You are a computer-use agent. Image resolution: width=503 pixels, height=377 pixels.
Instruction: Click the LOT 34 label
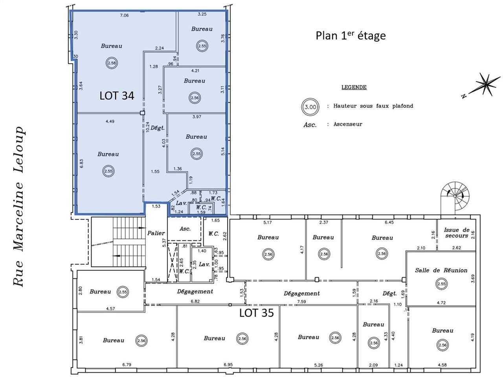click(117, 95)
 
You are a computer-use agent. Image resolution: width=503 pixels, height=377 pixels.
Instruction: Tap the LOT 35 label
click(257, 313)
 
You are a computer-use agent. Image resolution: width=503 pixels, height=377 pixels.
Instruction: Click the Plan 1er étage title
click(351, 35)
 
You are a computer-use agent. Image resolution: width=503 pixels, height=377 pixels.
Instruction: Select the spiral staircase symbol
click(455, 196)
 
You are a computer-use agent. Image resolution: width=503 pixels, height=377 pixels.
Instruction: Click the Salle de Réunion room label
click(441, 270)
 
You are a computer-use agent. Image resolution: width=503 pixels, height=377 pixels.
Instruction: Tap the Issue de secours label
click(456, 233)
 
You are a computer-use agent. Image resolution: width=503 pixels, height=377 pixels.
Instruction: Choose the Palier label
click(156, 233)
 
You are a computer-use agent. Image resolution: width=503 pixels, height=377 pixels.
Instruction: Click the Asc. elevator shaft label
click(185, 229)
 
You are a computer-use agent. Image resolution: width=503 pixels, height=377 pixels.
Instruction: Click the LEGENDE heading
click(354, 87)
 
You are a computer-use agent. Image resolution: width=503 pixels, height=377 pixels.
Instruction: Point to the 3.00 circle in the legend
click(310, 107)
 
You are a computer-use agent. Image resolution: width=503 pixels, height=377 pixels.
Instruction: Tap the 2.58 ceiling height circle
click(112, 63)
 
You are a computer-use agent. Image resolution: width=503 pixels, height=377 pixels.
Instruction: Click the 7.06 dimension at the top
click(124, 15)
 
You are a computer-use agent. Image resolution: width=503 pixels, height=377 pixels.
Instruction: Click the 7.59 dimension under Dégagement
click(301, 302)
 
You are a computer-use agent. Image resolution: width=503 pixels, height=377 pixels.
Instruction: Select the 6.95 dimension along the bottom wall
click(228, 365)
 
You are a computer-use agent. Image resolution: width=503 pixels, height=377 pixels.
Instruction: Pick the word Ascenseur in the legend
click(348, 124)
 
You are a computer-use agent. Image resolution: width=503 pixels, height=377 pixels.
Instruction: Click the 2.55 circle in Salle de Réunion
click(441, 284)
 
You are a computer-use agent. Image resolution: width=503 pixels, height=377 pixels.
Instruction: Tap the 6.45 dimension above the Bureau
click(389, 222)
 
